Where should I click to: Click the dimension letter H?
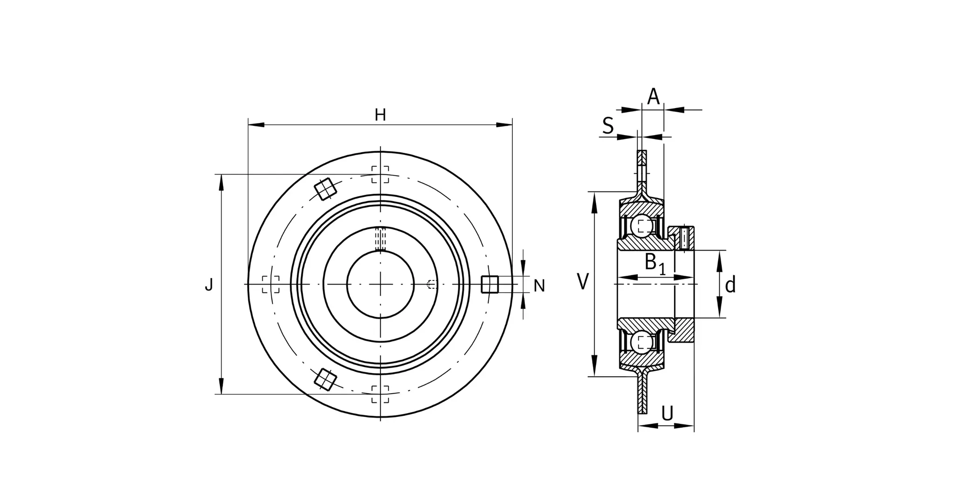380,115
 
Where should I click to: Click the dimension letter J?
209,284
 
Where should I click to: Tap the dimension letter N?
539,285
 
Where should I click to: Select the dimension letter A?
654,96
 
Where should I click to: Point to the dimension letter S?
608,125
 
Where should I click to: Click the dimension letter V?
583,282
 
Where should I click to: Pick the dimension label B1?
655,264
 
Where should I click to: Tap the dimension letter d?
730,284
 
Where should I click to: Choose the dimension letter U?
668,413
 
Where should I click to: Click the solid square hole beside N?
490,284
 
